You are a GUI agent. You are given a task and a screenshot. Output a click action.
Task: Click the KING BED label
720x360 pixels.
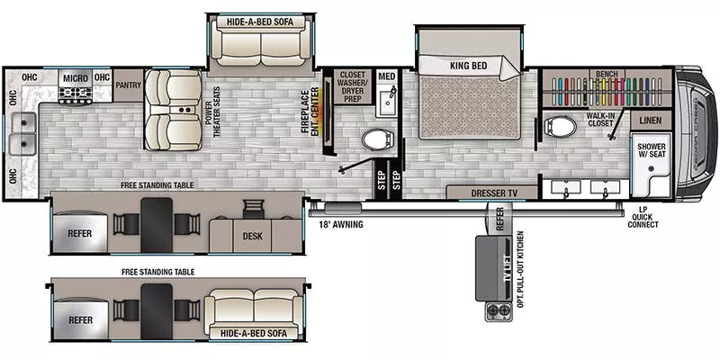point(468,66)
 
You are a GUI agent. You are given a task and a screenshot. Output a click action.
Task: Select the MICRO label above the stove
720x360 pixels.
point(76,78)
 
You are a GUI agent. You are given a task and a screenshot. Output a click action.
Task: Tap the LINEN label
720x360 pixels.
point(650,120)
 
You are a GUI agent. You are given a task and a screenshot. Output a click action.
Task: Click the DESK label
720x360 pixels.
point(253,236)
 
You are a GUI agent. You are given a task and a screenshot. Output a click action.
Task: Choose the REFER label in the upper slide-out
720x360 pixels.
point(80,233)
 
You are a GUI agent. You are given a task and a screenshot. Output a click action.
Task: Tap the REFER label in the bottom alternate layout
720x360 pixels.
point(80,319)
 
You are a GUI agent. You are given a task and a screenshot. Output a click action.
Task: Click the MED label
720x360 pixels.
point(388,76)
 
